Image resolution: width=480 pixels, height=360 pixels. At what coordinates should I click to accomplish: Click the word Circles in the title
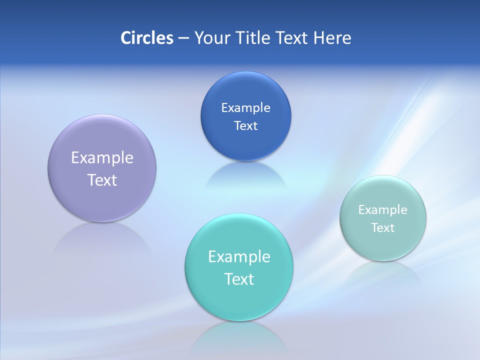coord(147,38)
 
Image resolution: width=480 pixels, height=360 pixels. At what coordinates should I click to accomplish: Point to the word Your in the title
coord(210,38)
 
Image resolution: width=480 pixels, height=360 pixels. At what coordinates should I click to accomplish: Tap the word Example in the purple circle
coord(102,158)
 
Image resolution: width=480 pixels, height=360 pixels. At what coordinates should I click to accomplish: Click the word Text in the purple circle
coord(102,180)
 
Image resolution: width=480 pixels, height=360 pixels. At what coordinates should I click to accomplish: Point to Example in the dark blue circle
coord(245,107)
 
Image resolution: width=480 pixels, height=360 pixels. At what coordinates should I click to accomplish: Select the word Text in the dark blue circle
coord(245,125)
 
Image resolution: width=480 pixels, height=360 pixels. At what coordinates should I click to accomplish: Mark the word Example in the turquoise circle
coord(239,257)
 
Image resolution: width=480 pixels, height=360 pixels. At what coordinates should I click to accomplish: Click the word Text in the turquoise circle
coord(239,279)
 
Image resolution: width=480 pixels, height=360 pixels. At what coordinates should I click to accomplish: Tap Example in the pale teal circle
coord(383,210)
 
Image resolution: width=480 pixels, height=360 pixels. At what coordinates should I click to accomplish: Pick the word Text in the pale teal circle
coord(383,228)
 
